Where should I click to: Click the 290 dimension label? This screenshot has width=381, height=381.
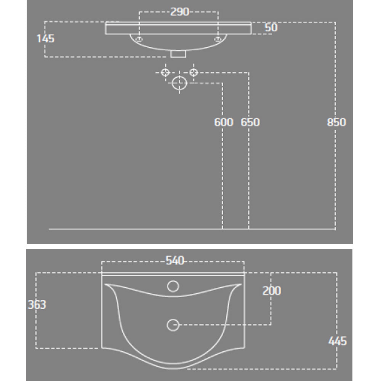(179, 12)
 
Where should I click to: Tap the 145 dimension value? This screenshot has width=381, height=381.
(45, 38)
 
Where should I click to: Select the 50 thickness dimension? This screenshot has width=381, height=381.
(271, 27)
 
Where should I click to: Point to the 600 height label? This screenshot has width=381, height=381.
(224, 122)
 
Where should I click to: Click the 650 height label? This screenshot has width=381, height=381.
(250, 122)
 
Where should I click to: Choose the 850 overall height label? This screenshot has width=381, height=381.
(336, 122)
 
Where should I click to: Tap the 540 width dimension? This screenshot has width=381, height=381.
(175, 261)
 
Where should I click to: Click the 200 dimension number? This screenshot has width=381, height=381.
(272, 291)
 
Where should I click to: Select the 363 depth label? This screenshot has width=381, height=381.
(37, 304)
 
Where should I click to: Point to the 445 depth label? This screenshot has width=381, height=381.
(338, 341)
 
